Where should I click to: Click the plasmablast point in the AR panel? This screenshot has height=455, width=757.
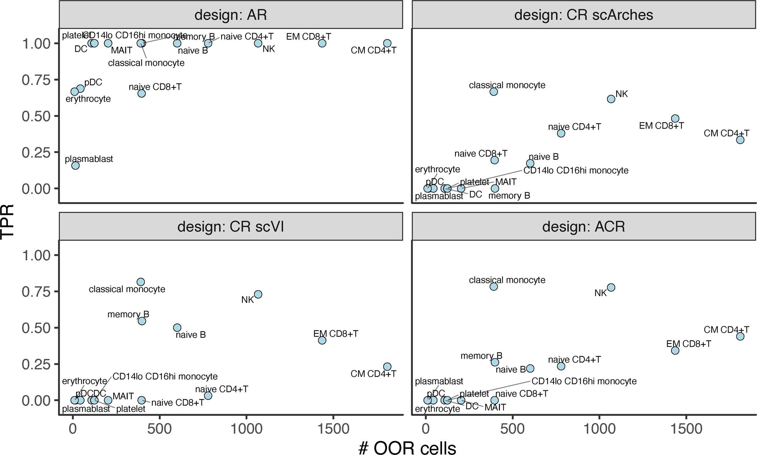click(x=75, y=165)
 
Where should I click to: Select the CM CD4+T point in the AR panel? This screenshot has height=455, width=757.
click(x=387, y=43)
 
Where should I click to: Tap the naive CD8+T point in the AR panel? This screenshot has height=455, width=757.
click(x=141, y=93)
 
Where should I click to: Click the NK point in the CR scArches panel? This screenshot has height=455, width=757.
click(x=611, y=99)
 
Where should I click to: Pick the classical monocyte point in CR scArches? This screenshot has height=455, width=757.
click(x=494, y=92)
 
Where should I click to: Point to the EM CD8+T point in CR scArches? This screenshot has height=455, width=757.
click(x=675, y=118)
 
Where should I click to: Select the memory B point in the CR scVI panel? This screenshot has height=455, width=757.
click(x=142, y=321)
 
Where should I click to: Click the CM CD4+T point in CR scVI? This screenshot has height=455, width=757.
click(x=387, y=367)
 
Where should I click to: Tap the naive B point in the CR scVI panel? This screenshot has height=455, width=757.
click(x=177, y=327)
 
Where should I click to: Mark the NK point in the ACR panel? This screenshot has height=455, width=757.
click(x=611, y=288)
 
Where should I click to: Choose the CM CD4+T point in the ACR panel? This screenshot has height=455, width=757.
click(x=740, y=337)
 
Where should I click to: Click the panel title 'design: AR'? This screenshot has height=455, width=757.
click(x=231, y=15)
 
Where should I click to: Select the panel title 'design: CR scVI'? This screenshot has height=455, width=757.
click(x=231, y=227)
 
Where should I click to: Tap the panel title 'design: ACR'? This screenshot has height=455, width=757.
click(x=583, y=227)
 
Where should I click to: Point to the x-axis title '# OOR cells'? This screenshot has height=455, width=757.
click(x=407, y=448)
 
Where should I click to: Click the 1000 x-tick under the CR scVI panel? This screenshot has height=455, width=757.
click(x=246, y=428)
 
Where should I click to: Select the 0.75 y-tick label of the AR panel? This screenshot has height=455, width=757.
click(x=36, y=80)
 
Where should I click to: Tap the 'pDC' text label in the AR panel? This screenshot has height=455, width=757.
click(x=93, y=82)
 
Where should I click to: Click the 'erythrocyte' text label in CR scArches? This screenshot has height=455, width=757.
click(x=437, y=169)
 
